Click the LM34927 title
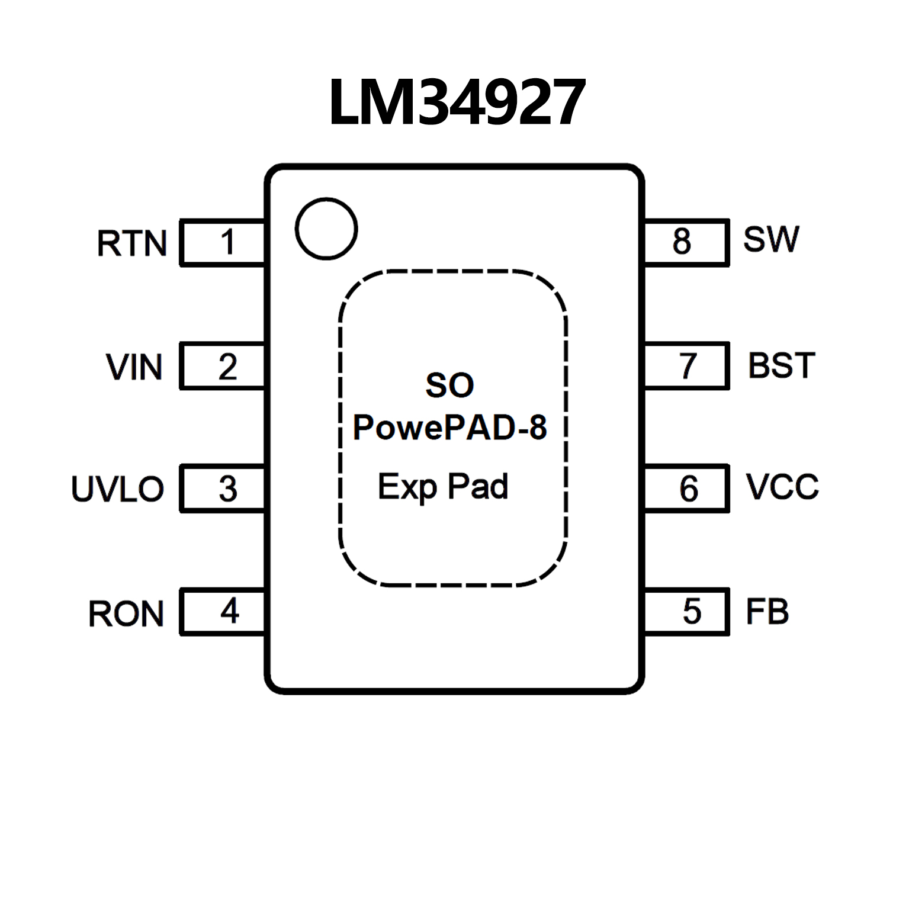pos(457,102)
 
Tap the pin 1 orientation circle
pos(326,229)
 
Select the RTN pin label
pos(131,243)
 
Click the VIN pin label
pos(134,367)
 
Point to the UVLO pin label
pos(117,489)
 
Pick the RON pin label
pos(126,614)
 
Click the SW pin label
pos(771,239)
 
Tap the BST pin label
pos(782,365)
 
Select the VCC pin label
pos(782,487)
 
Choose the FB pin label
pos(767,612)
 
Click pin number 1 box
pos(223,242)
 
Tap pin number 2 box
pos(223,366)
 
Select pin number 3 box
pos(223,489)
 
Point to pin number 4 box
pos(223,612)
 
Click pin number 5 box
pos(686,612)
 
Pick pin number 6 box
pos(686,489)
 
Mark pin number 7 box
pos(686,366)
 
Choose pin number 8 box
pos(686,242)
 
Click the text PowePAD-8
pos(450,428)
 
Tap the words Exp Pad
pos(443,487)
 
